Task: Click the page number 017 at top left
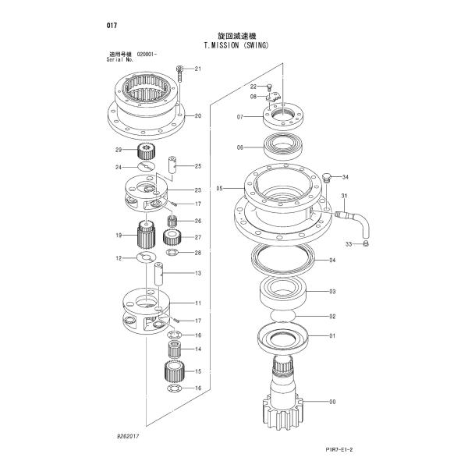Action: [112, 26]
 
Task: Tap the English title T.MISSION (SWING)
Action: [236, 45]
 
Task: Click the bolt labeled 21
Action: [179, 74]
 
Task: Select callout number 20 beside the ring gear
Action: [198, 115]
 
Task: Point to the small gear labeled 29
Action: [146, 151]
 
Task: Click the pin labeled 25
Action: [173, 165]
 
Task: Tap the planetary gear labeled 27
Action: [172, 237]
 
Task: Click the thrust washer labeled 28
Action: [172, 253]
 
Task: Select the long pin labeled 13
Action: [158, 274]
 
